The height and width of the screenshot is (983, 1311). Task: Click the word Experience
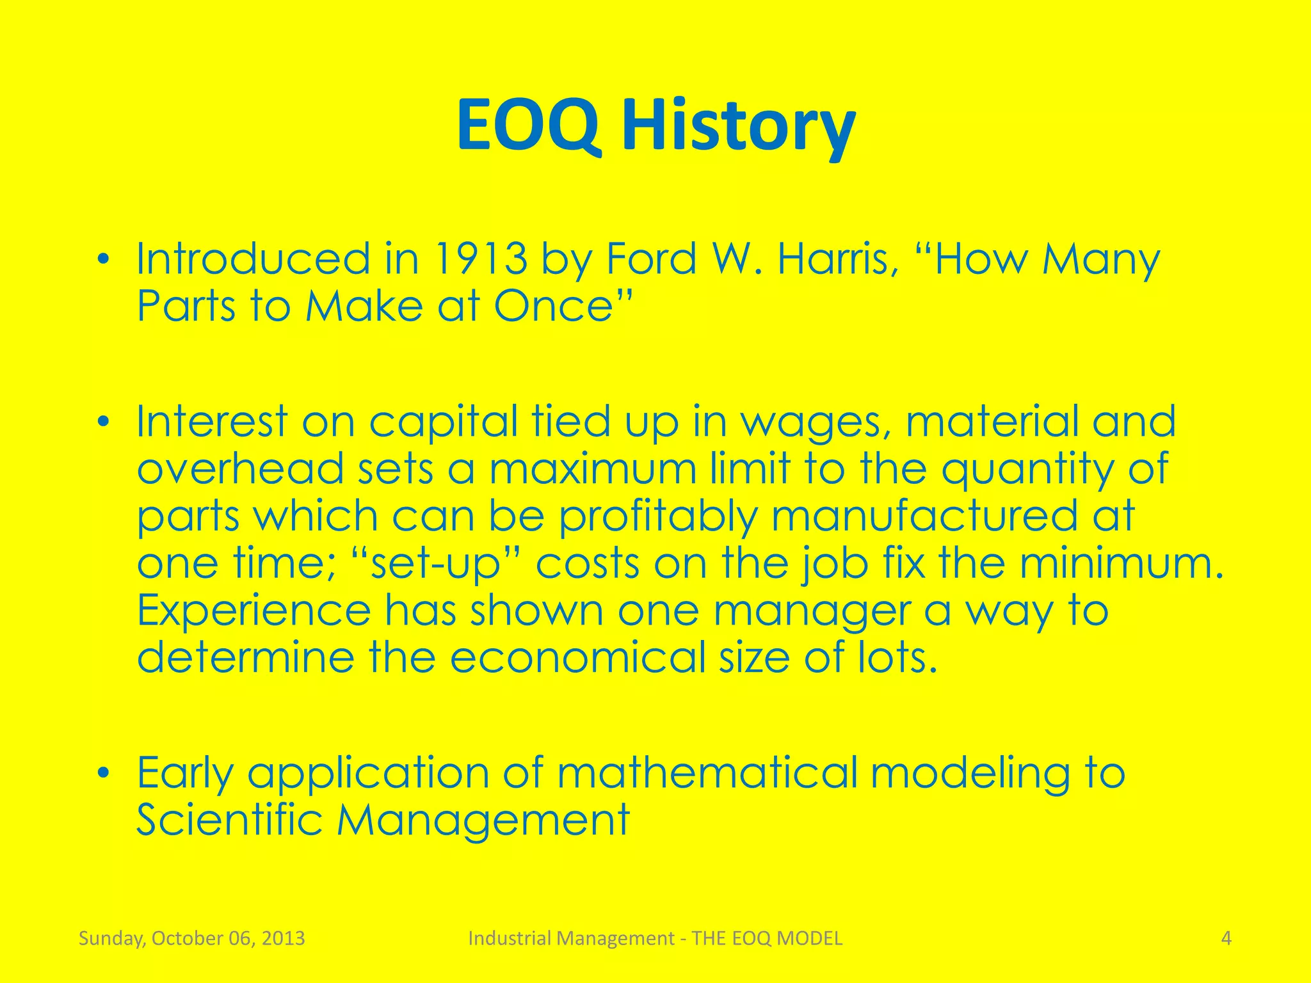coord(253,611)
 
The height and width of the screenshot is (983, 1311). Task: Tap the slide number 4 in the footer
coord(1226,938)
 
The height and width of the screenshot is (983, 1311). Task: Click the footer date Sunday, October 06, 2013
coord(191,939)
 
